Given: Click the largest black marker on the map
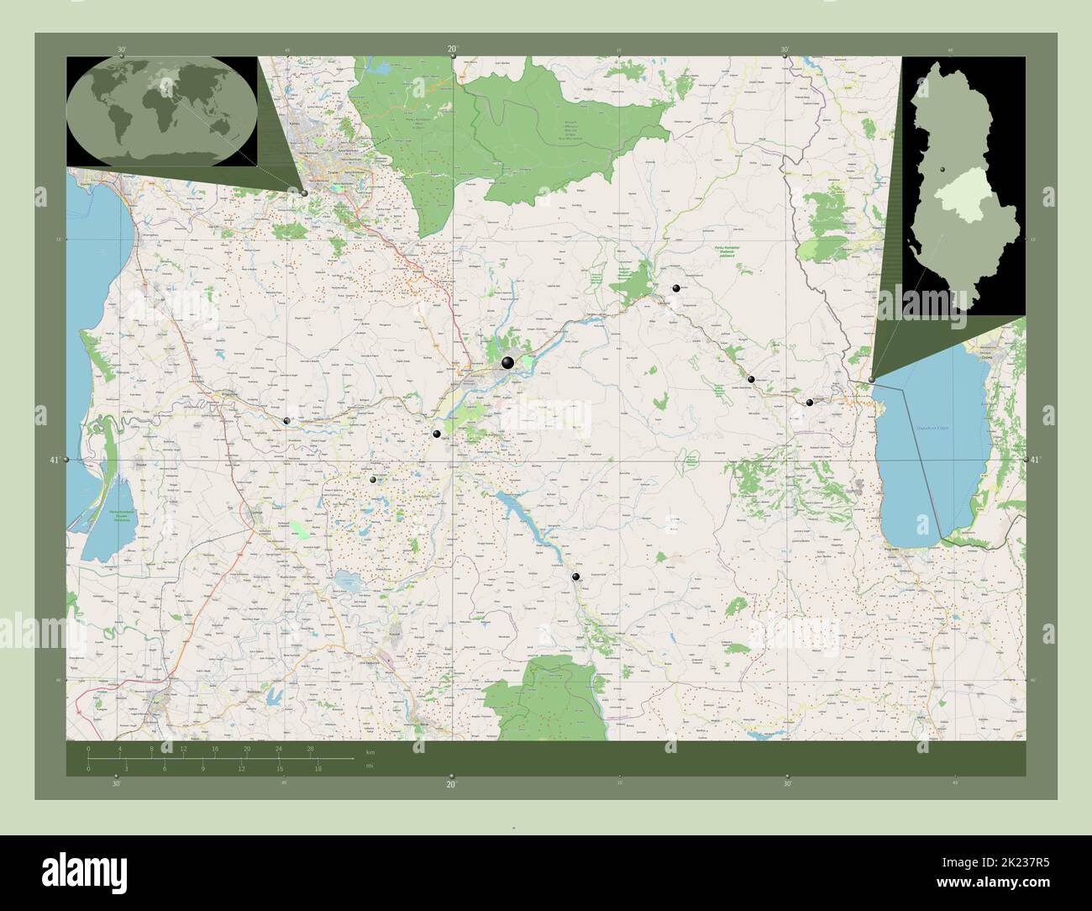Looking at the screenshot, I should click(507, 363).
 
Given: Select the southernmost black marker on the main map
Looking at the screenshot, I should click(575, 577).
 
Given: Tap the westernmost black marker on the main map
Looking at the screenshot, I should click(287, 420).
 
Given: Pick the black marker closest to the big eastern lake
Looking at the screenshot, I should click(872, 380).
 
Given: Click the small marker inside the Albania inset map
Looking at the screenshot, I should click(943, 171).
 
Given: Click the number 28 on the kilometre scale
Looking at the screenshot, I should click(310, 748).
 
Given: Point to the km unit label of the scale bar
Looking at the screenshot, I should click(370, 750).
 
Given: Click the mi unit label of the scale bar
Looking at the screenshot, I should click(369, 766).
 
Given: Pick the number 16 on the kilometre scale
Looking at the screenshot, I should click(215, 748).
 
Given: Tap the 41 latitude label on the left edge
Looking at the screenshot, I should click(55, 460).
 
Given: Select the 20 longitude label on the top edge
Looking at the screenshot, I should click(452, 50).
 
